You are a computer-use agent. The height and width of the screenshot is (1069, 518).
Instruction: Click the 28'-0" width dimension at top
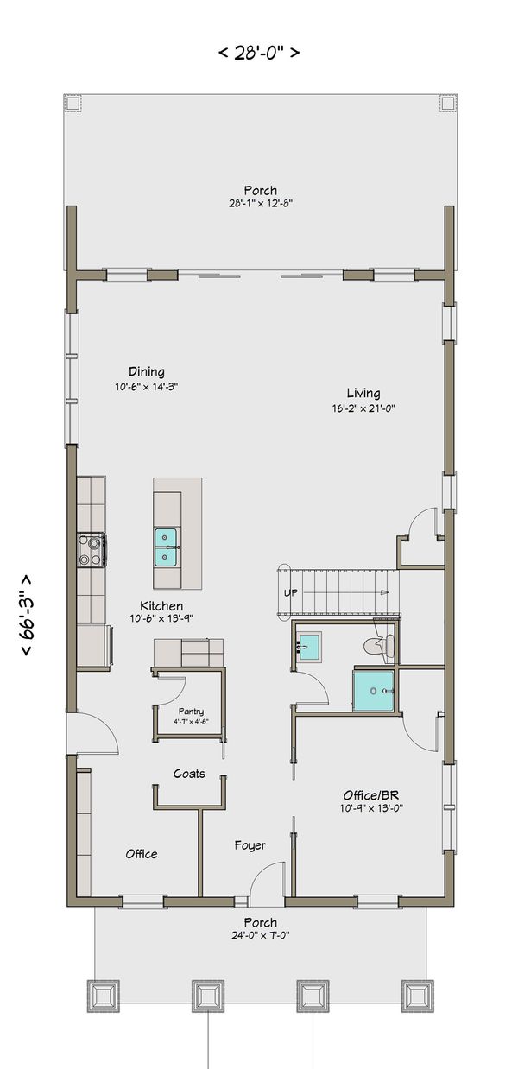pyautogui.click(x=259, y=53)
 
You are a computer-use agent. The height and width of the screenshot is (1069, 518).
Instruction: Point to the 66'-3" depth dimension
pyautogui.click(x=29, y=616)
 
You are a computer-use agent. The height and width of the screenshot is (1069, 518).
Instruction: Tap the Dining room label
pyautogui.click(x=147, y=372)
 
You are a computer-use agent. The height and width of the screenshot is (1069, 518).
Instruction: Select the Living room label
pyautogui.click(x=363, y=392)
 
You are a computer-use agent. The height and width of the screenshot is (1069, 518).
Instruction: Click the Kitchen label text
pyautogui.click(x=155, y=606)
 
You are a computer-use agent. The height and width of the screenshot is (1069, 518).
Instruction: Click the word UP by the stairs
pyautogui.click(x=291, y=593)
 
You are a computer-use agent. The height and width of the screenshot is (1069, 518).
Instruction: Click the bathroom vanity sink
pyautogui.click(x=307, y=645)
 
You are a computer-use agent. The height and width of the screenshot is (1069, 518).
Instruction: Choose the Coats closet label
pyautogui.click(x=189, y=774)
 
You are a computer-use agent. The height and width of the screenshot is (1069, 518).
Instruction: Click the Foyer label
pyautogui.click(x=250, y=845)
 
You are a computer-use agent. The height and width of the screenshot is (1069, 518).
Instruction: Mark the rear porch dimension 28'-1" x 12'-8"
pyautogui.click(x=260, y=205)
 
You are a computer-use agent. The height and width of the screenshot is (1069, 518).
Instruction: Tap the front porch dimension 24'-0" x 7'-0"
pyautogui.click(x=260, y=935)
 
